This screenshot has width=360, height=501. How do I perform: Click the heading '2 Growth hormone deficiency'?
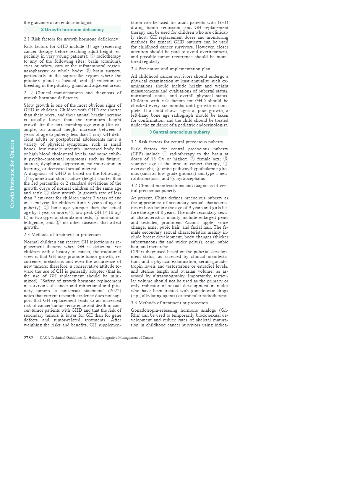72,30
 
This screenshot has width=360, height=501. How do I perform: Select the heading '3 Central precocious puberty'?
179,132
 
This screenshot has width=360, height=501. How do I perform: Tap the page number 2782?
28,338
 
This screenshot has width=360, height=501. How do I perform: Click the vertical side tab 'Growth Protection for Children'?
12,174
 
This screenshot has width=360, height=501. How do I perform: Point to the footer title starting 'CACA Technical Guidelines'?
96,338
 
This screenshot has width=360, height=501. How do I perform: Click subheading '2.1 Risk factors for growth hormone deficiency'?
72,39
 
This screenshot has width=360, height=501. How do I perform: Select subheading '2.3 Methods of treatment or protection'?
62,235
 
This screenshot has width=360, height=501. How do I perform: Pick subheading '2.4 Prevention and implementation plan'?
171,69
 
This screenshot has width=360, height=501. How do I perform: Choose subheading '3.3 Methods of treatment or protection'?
169,303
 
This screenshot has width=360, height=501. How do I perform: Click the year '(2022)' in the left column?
114,291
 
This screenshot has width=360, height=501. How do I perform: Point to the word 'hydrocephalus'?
191,178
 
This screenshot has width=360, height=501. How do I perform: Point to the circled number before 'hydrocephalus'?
173,178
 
